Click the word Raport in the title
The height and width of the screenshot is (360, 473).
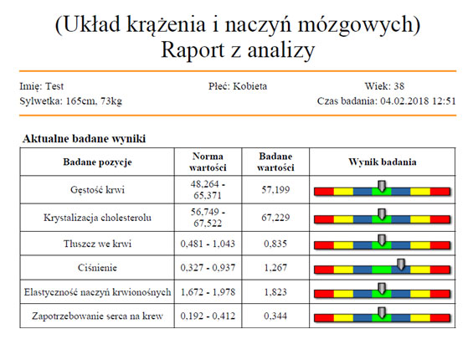pyautogui.click(x=193, y=49)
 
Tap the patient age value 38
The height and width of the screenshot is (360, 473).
pyautogui.click(x=398, y=86)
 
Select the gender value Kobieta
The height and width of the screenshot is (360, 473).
pyautogui.click(x=250, y=86)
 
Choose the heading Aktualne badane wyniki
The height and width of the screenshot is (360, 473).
pyautogui.click(x=85, y=139)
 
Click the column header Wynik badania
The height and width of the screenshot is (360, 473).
pyautogui.click(x=383, y=162)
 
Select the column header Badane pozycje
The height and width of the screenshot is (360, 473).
pyautogui.click(x=97, y=162)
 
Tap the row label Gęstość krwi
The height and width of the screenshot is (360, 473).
pyautogui.click(x=97, y=190)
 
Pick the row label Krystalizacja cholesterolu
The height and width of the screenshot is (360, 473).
pyautogui.click(x=97, y=218)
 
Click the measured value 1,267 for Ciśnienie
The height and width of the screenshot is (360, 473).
pyautogui.click(x=275, y=268)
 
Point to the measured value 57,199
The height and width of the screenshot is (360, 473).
pyautogui.click(x=275, y=190)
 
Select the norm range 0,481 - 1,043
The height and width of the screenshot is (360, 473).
pyautogui.click(x=208, y=244)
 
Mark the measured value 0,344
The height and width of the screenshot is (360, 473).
pyautogui.click(x=275, y=316)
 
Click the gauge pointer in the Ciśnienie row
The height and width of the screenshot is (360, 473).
pyautogui.click(x=401, y=265)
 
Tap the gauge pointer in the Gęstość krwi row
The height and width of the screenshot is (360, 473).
pyautogui.click(x=382, y=186)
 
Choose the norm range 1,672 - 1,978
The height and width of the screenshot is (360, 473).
pyautogui.click(x=208, y=292)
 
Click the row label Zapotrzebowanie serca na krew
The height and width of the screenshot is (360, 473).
pyautogui.click(x=97, y=316)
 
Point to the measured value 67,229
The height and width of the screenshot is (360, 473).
pyautogui.click(x=275, y=218)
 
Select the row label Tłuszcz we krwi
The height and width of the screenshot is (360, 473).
pyautogui.click(x=97, y=244)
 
